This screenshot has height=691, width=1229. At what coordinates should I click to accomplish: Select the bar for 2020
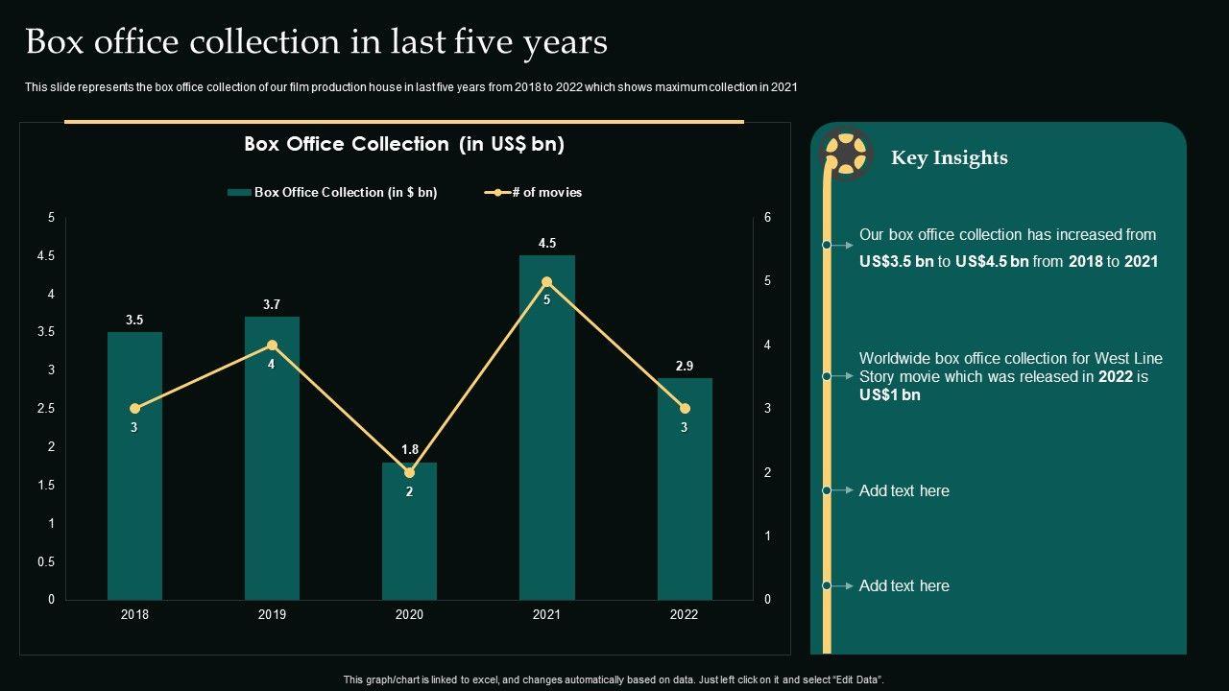pos(409,537)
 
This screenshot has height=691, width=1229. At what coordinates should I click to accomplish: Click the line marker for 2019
pos(272,345)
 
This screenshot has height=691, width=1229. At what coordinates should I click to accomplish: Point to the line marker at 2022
pos(685,409)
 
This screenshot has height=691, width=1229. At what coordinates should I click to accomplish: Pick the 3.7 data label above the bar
pos(272,305)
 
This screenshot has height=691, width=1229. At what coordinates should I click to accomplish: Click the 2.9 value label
pos(685,366)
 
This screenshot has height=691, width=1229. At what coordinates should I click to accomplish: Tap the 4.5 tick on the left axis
pos(45,256)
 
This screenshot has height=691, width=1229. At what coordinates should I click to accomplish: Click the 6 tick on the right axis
pos(768,218)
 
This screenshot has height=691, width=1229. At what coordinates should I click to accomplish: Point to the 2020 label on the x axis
pos(409,614)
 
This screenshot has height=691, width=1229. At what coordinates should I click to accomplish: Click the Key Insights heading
pos(949,157)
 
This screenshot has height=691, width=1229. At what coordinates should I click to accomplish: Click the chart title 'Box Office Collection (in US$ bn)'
pos(404,144)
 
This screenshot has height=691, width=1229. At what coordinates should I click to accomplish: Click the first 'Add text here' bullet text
pos(904,490)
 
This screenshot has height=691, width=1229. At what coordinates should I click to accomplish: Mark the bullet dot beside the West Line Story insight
pos(827,376)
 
